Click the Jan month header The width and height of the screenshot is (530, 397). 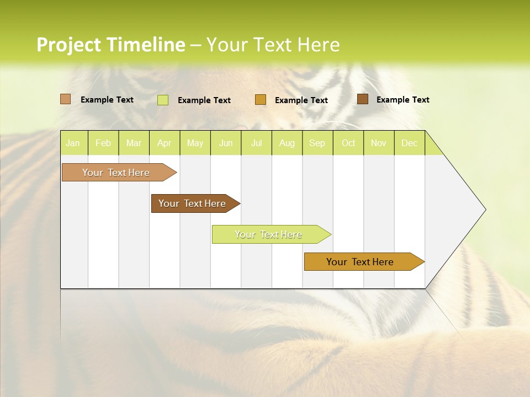tap(73, 143)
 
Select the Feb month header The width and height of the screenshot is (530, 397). tap(103, 143)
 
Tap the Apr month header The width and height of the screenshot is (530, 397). tap(164, 143)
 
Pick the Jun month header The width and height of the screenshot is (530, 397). tap(226, 143)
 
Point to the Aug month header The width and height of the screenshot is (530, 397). tap(287, 143)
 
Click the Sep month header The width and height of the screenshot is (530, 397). tap(317, 143)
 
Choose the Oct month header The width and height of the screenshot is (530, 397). tap(348, 143)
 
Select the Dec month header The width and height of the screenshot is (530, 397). tap(409, 143)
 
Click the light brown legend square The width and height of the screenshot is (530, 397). tap(66, 99)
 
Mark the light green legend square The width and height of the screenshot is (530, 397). tap(163, 100)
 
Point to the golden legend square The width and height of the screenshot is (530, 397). tap(261, 100)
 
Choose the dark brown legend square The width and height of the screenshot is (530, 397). tap(363, 99)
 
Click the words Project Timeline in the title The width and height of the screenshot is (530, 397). tap(111, 45)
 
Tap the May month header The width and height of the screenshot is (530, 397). tap(195, 143)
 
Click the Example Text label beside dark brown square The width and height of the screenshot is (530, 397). tap(402, 100)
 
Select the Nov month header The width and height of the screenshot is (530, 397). tap(379, 143)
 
